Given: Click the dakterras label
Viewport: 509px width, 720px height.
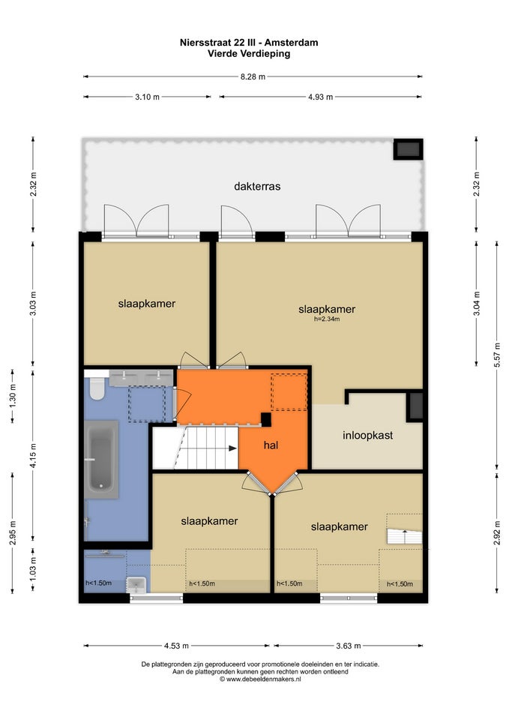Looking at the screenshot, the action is [x=257, y=187].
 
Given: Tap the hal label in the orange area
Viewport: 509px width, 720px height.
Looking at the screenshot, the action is [x=271, y=445].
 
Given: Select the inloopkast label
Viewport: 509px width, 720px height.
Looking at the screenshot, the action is [x=367, y=435].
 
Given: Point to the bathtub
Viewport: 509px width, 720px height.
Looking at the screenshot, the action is [x=101, y=460].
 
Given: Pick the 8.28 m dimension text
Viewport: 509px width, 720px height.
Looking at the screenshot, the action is [x=253, y=76].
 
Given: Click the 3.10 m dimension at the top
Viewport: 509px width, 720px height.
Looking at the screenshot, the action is [x=148, y=97].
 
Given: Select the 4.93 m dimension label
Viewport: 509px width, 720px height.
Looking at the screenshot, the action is [x=320, y=97].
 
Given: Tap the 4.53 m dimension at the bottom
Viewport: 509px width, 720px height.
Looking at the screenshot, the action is [x=177, y=646].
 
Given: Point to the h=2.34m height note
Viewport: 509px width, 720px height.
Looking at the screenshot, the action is [x=327, y=319].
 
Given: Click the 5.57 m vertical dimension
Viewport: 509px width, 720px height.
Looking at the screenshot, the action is [x=497, y=353].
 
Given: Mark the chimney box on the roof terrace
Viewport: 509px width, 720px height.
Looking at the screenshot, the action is [x=408, y=149].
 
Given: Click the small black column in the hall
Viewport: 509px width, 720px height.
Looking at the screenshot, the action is [x=266, y=418].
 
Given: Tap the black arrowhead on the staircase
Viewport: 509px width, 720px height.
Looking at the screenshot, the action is [x=233, y=448].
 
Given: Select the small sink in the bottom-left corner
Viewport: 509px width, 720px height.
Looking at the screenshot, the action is [x=136, y=584].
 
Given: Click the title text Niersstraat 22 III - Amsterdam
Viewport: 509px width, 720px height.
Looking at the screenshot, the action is [x=249, y=43].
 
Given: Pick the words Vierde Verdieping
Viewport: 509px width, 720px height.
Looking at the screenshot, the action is [x=249, y=54].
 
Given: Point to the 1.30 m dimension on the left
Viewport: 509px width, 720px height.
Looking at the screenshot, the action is [x=13, y=396].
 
